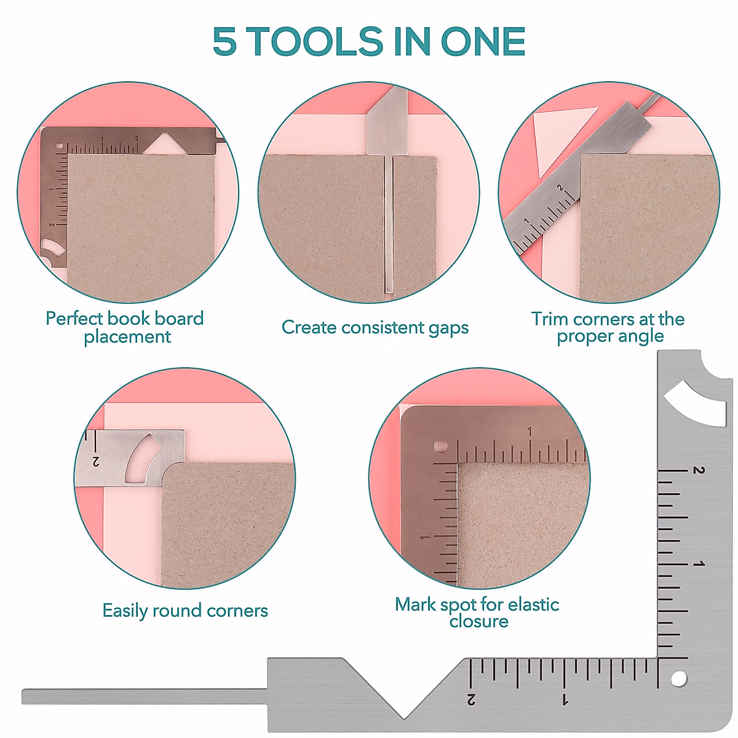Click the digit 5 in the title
click(224, 42)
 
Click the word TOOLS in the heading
click(314, 42)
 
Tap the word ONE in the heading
click(483, 42)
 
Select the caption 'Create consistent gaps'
click(375, 327)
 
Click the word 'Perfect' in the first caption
click(74, 319)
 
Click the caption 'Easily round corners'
click(185, 611)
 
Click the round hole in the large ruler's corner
click(679, 679)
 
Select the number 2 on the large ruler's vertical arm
click(699, 470)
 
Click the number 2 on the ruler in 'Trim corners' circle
click(560, 187)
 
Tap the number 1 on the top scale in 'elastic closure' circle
click(530, 431)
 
